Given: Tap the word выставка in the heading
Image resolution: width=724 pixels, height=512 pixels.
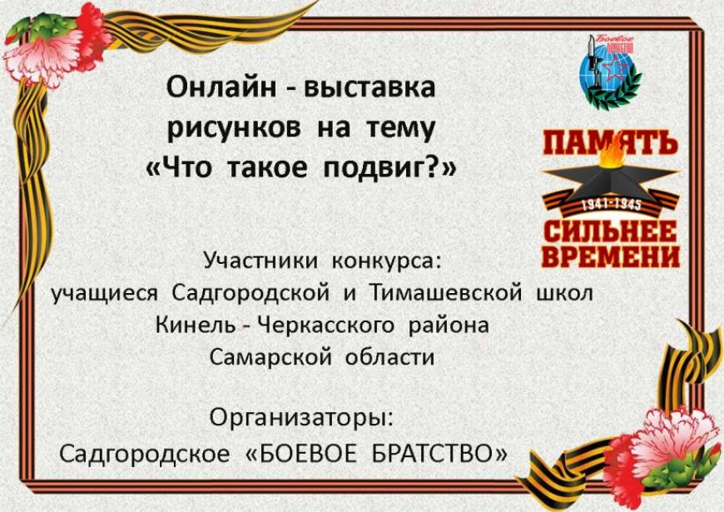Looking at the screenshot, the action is pos(369,87).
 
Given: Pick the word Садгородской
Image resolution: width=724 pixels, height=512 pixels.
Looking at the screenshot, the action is pos(250,293).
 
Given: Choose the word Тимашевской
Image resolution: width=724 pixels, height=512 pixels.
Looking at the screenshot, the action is pos(446,292).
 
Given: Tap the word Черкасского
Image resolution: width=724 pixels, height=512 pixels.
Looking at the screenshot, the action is pos(325,326).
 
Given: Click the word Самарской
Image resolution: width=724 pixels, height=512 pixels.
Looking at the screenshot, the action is pos(270,357).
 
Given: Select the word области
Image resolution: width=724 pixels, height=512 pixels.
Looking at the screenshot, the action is pos(390,357).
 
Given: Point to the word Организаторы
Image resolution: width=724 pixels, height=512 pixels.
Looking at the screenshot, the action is pos(302,418).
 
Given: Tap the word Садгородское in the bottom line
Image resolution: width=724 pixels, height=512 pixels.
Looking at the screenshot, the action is pos(144,455).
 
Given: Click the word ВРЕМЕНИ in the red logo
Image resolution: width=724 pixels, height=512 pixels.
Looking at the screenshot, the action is pos(611,257).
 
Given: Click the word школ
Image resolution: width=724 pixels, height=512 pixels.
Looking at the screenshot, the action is pos(564,293).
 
